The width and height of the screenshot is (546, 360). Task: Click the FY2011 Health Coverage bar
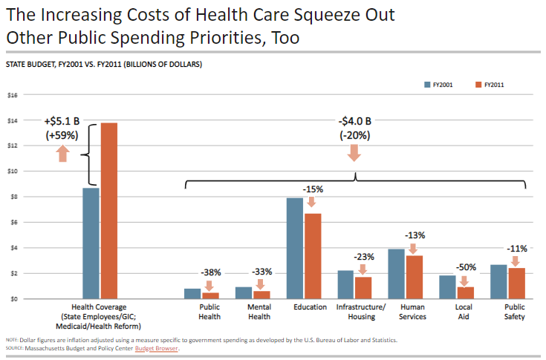(x=109, y=211)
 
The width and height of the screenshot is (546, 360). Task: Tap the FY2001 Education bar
(x=295, y=248)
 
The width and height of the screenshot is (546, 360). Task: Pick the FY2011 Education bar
(x=312, y=256)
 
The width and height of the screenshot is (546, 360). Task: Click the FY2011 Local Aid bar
(x=465, y=292)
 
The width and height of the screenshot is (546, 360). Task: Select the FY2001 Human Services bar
(x=397, y=274)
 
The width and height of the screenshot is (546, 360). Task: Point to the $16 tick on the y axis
(x=12, y=95)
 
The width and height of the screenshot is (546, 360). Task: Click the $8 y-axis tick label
(x=12, y=197)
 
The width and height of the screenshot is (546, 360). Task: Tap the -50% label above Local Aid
(x=466, y=266)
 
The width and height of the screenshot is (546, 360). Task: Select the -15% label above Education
(x=312, y=189)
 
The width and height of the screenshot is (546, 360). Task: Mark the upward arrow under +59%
(x=62, y=153)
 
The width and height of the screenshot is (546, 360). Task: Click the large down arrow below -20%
(x=354, y=153)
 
